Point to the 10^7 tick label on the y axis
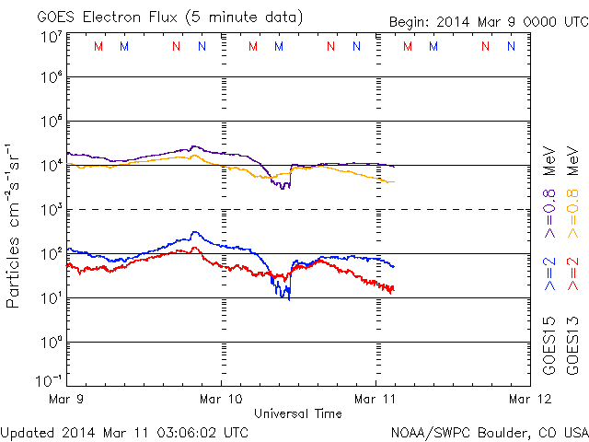tap(51, 37)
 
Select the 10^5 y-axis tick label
tap(51, 122)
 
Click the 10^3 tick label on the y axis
tap(51, 210)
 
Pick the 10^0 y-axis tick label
tap(51, 343)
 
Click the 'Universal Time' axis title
tap(298, 414)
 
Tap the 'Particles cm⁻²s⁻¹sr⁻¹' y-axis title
tap(15, 225)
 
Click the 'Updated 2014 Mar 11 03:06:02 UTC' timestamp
tap(124, 431)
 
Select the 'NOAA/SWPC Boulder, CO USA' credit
tap(489, 431)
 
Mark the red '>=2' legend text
tap(572, 273)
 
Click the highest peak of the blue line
tap(194, 232)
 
